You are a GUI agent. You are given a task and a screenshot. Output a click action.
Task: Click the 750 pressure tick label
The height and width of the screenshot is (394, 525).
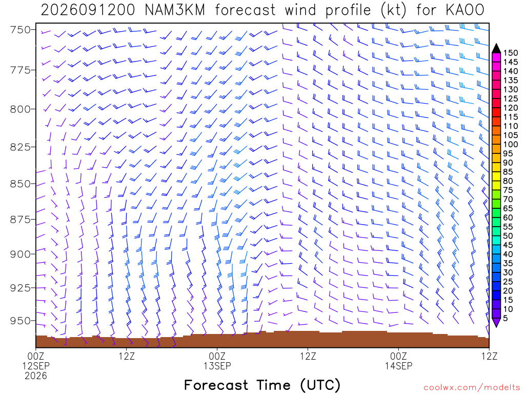tap(21, 30)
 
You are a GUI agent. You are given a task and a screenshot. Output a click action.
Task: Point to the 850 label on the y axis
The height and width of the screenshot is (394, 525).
tap(21, 184)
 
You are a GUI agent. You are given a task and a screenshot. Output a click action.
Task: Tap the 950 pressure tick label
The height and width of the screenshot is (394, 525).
tap(21, 321)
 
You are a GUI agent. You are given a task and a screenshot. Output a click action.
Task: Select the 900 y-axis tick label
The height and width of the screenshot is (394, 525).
tap(21, 254)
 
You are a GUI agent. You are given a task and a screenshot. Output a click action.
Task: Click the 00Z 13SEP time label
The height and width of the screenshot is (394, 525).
tap(217, 361)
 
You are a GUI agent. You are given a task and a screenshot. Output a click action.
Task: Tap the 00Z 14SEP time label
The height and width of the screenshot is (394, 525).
tap(398, 361)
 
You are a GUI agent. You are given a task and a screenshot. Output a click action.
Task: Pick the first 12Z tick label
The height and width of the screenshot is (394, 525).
tap(127, 356)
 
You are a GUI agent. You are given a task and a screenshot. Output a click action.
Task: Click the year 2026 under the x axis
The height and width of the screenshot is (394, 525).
tap(36, 376)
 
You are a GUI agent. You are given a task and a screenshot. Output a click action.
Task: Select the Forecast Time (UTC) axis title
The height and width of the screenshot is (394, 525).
tap(262, 385)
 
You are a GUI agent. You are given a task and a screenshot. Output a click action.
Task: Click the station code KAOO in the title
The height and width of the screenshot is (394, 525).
tap(465, 10)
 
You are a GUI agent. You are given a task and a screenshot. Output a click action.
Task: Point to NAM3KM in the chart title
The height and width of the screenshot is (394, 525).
tap(174, 10)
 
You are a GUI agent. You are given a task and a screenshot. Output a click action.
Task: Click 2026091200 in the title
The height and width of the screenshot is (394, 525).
tap(88, 10)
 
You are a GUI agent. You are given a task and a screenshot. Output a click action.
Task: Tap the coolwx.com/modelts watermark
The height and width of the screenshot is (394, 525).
tap(472, 388)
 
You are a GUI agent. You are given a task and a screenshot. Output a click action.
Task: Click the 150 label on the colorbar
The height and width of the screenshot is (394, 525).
tap(510, 53)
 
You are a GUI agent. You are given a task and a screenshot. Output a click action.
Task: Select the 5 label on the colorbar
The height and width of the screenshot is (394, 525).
tap(506, 318)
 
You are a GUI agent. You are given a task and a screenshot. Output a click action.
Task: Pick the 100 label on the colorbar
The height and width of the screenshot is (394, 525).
tap(510, 144)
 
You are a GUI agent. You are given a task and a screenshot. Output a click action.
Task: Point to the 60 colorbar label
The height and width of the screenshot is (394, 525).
tap(508, 218)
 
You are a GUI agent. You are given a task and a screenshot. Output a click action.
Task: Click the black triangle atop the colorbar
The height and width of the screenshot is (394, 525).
tap(496, 49)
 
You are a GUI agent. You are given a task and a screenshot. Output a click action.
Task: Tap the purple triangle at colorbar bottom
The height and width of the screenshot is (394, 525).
tap(496, 322)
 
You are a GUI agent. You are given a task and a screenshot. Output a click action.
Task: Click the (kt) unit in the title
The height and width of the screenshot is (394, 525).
tap(393, 10)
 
